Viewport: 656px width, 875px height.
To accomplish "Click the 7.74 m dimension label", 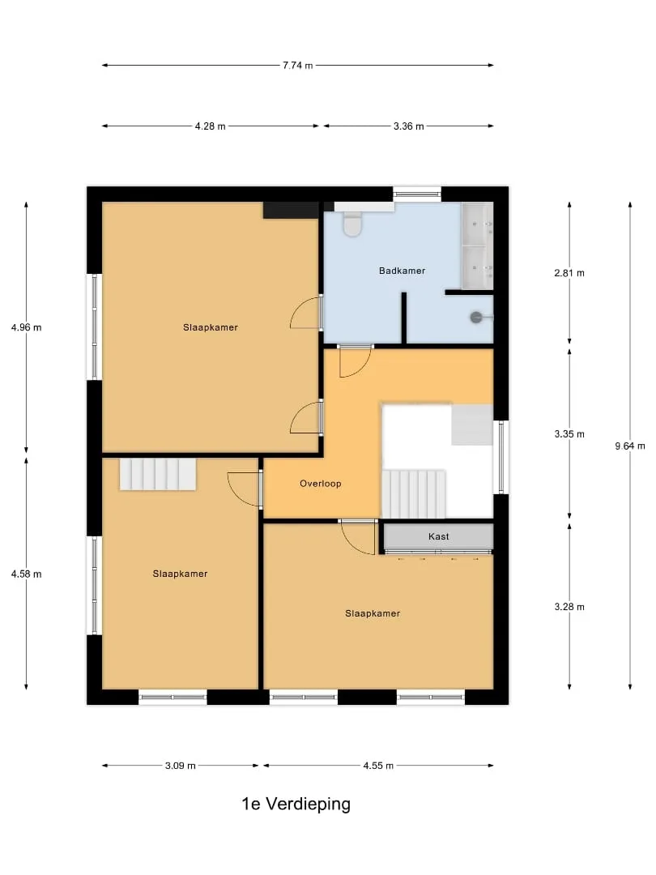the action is point(297,66).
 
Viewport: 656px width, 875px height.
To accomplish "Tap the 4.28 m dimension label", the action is point(211,126).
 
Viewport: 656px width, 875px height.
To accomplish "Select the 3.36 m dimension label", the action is point(408,126).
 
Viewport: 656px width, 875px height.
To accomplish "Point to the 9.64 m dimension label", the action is point(630,446).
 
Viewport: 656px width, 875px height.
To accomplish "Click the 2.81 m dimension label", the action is point(569,273).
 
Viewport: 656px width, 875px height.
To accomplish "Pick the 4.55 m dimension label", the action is point(378,766).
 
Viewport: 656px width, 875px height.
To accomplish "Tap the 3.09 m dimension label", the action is point(180,766).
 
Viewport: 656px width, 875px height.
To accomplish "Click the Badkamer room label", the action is point(402,271).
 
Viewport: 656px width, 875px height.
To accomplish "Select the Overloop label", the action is point(320,483).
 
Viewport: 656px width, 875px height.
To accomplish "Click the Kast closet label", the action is point(438,536).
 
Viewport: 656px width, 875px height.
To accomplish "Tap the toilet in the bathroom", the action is point(352,224).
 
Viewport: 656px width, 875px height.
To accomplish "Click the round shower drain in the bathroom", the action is point(476,317).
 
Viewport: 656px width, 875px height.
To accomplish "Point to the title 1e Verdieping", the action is point(296,804).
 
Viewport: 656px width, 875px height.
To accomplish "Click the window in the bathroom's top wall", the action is point(417,194).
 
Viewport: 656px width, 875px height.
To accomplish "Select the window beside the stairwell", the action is point(501,457).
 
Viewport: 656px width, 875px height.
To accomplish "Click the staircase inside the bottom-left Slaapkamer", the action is point(158,474).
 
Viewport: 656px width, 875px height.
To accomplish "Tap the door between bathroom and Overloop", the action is point(355,361).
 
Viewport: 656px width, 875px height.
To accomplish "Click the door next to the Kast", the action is point(358,537).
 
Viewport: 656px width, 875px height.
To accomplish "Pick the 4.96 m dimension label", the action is point(26,327).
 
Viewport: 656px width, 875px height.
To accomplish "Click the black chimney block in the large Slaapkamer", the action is point(291,211).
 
